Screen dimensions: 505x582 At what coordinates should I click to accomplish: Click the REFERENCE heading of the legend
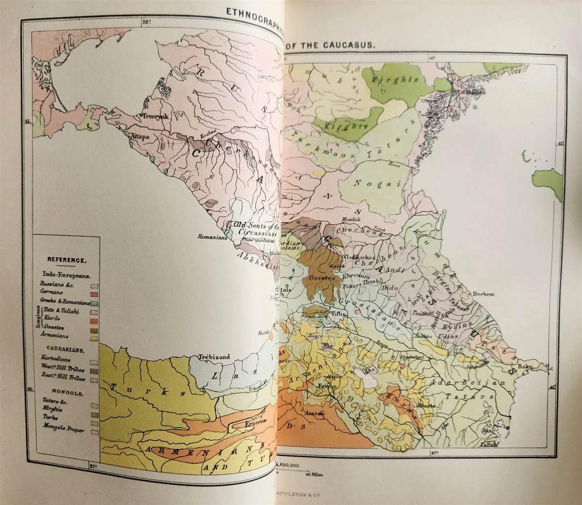coord(67,260)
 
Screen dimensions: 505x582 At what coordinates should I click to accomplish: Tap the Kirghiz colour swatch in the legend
coord(94,414)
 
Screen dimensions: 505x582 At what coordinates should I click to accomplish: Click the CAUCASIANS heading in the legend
coord(66,350)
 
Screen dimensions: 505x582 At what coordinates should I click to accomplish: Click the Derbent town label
coord(484,294)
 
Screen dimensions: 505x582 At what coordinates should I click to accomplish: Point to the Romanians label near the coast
coord(212,237)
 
